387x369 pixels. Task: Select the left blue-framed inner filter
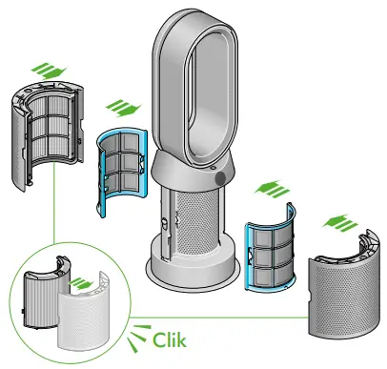click(x=119, y=172)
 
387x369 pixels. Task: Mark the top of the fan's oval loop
click(x=194, y=23)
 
